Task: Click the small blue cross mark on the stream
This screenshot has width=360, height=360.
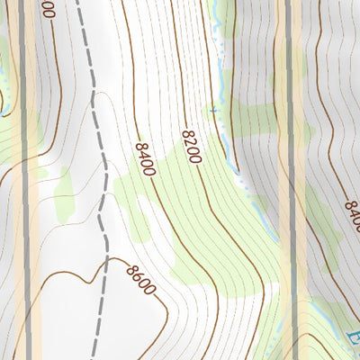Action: click(213, 111)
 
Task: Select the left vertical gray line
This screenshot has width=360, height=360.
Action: click(24, 180)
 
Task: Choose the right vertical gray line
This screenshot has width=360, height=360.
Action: click(290, 180)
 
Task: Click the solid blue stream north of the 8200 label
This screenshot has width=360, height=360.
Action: click(219, 72)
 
